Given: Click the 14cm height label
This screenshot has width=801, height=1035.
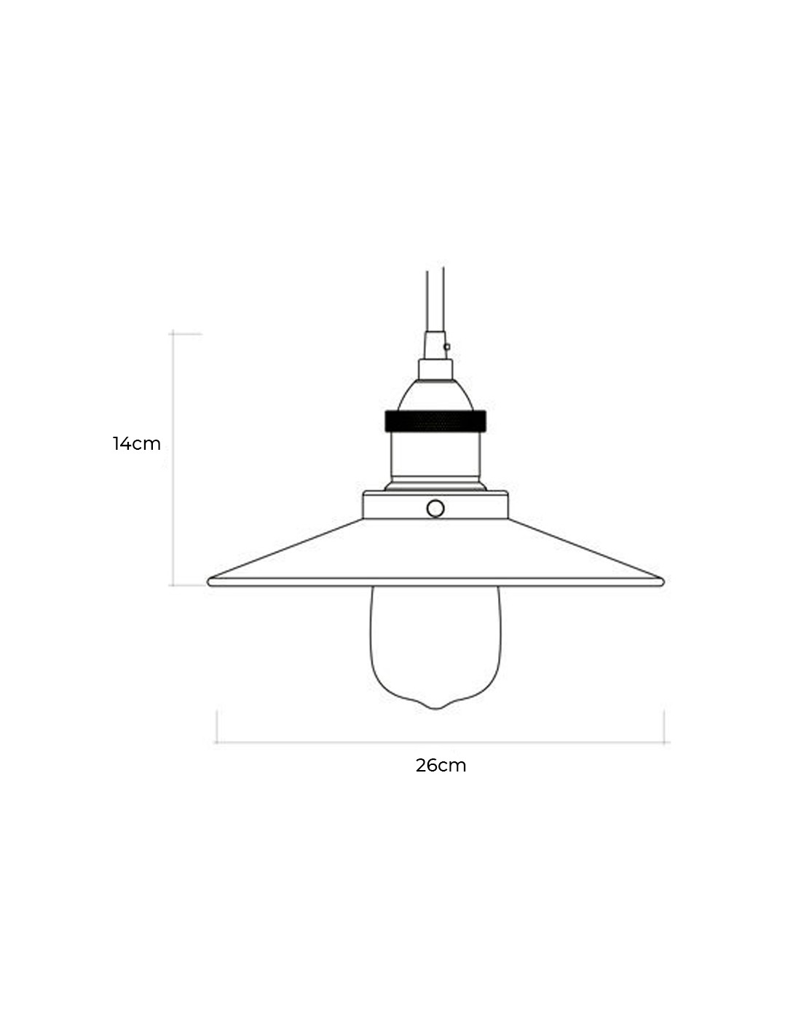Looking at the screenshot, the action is pos(136,443).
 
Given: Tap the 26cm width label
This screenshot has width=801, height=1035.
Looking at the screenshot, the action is pos(441,766).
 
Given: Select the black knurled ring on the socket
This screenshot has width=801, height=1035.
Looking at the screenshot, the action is pos(435,421).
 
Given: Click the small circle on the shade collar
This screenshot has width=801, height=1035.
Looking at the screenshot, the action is pos(435,509).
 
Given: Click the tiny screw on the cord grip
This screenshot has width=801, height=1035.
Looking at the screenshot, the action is pos(446,346).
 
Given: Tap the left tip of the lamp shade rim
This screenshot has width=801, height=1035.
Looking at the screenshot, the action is pos(209,582).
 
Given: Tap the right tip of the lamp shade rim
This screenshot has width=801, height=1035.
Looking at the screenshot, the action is pos(663,582).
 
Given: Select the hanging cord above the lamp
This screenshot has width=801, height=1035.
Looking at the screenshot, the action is pos(435,299).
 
